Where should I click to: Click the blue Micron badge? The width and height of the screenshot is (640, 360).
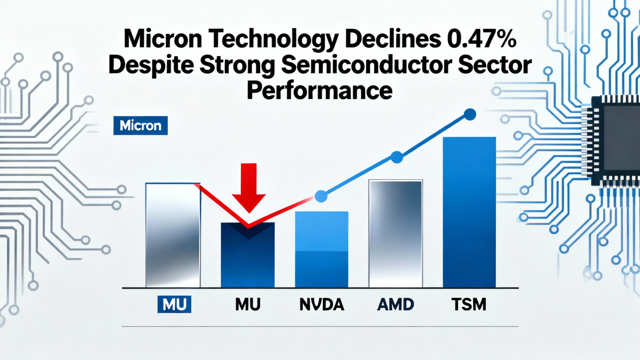click(x=140, y=125)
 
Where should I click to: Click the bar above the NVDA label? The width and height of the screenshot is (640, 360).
click(x=321, y=250)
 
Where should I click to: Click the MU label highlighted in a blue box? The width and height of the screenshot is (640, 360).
click(x=174, y=303)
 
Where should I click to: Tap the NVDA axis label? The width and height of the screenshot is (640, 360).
click(x=321, y=304)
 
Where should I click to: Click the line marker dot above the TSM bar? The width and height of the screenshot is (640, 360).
click(x=469, y=114)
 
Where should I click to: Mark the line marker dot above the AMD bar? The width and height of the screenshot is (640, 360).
click(x=396, y=157)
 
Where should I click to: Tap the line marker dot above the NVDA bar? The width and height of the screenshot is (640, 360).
click(x=321, y=196)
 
